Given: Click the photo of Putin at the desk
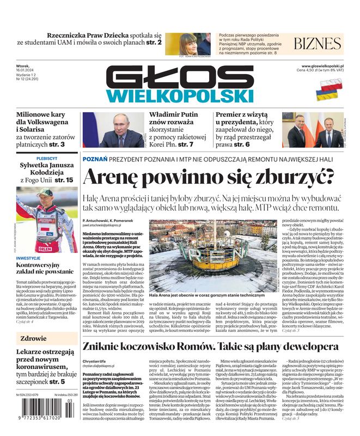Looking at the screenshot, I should tap(113, 130).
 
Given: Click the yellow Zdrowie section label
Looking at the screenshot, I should tap(34, 338).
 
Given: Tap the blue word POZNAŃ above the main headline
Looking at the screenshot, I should tap(95, 159).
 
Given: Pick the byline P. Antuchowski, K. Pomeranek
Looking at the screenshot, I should tap(112, 219).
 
